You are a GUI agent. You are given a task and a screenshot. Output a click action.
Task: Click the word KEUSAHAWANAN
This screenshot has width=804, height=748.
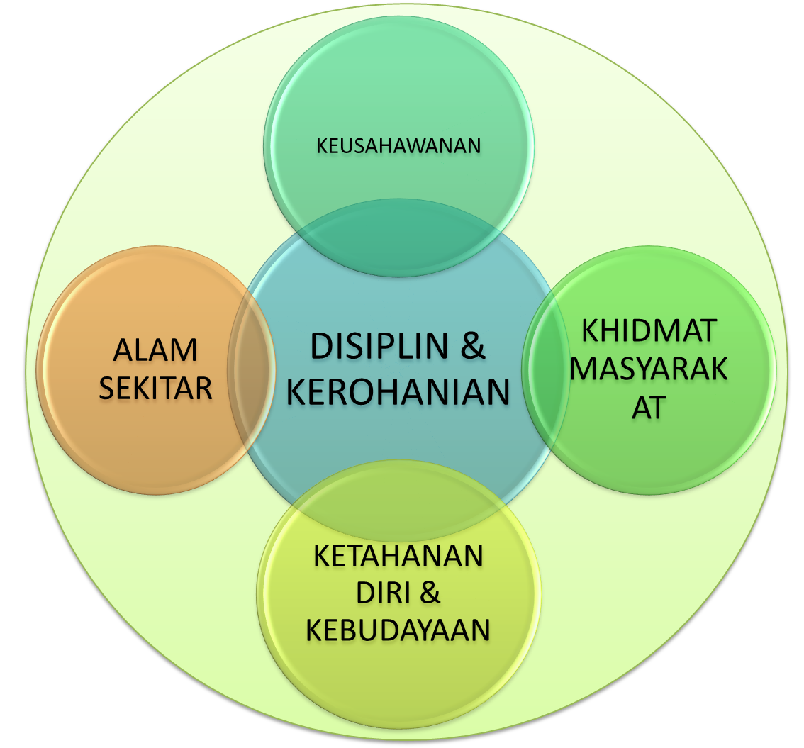(398, 145)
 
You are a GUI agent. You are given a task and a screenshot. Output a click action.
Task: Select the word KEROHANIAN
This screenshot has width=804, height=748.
(398, 392)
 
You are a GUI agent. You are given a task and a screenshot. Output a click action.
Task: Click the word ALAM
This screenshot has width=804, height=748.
(155, 351)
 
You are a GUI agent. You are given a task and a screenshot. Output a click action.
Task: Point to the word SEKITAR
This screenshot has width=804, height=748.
(155, 388)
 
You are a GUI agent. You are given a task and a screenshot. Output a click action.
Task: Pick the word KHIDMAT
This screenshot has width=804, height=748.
(649, 331)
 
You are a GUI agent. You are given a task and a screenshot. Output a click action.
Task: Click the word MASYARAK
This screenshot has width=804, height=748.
(649, 369)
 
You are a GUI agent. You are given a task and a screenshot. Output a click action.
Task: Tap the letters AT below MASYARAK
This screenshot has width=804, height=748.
(649, 408)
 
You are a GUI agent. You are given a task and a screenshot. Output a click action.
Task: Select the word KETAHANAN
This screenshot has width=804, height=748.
(398, 556)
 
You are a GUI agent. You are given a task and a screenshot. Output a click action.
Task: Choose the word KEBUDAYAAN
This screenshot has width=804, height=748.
(398, 630)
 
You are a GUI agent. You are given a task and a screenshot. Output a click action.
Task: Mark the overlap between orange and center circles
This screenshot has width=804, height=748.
(252, 369)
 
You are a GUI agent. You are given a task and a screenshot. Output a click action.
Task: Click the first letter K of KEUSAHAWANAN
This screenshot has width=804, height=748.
(320, 146)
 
